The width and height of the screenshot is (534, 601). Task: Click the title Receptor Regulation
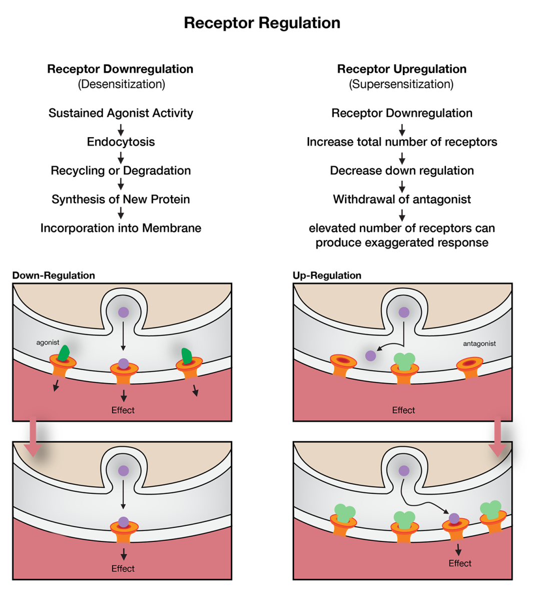[x=262, y=23]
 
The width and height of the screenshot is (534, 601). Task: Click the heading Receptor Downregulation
[x=120, y=69]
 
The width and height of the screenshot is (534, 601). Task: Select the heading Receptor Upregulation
[x=401, y=69]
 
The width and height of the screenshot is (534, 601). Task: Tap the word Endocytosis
[x=121, y=142]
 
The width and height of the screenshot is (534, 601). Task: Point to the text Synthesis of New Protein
[x=121, y=199]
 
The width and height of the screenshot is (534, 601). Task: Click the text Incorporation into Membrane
[x=121, y=228]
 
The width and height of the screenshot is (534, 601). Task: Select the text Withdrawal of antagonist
[x=401, y=199]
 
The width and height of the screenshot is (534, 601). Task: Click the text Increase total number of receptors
[x=401, y=142]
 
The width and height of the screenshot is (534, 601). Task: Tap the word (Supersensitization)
[x=401, y=84]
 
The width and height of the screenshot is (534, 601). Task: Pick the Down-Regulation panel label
[x=54, y=275]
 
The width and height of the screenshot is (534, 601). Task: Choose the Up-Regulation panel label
[x=327, y=275]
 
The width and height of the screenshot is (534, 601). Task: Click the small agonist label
[x=48, y=343]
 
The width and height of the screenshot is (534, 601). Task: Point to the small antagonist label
[x=479, y=344]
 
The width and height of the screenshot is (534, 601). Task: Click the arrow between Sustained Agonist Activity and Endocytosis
[x=121, y=130]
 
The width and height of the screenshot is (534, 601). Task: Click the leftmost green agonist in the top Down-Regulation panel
[x=63, y=353]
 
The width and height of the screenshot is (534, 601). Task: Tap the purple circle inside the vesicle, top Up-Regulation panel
[x=403, y=313]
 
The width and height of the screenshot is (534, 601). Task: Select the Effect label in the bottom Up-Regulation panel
[x=459, y=563]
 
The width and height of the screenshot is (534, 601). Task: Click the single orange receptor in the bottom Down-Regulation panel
[x=124, y=532]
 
